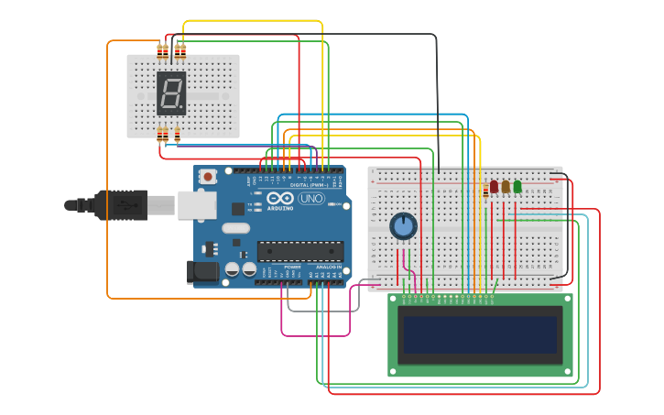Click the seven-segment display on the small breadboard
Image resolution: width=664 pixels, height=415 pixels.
pyautogui.click(x=171, y=93)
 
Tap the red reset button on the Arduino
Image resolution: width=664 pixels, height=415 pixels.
pyautogui.click(x=208, y=176)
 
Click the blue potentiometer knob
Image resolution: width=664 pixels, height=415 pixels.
pyautogui.click(x=403, y=225)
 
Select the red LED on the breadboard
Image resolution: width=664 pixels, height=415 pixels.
pyautogui.click(x=494, y=187)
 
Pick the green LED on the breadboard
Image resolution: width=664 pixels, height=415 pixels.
pyautogui.click(x=517, y=187)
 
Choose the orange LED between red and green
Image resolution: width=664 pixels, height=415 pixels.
pyautogui.click(x=506, y=187)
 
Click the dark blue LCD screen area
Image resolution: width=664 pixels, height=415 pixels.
pyautogui.click(x=482, y=335)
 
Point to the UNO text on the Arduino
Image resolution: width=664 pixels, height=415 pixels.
pyautogui.click(x=311, y=198)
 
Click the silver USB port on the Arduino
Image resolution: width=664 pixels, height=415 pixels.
pyautogui.click(x=194, y=206)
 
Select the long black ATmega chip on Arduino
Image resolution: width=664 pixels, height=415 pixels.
pyautogui.click(x=300, y=251)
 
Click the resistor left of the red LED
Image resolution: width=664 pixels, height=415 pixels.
pyautogui.click(x=484, y=191)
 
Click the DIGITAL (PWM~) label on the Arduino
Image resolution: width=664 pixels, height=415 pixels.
pyautogui.click(x=310, y=185)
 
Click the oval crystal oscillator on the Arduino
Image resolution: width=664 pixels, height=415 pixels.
pyautogui.click(x=235, y=228)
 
